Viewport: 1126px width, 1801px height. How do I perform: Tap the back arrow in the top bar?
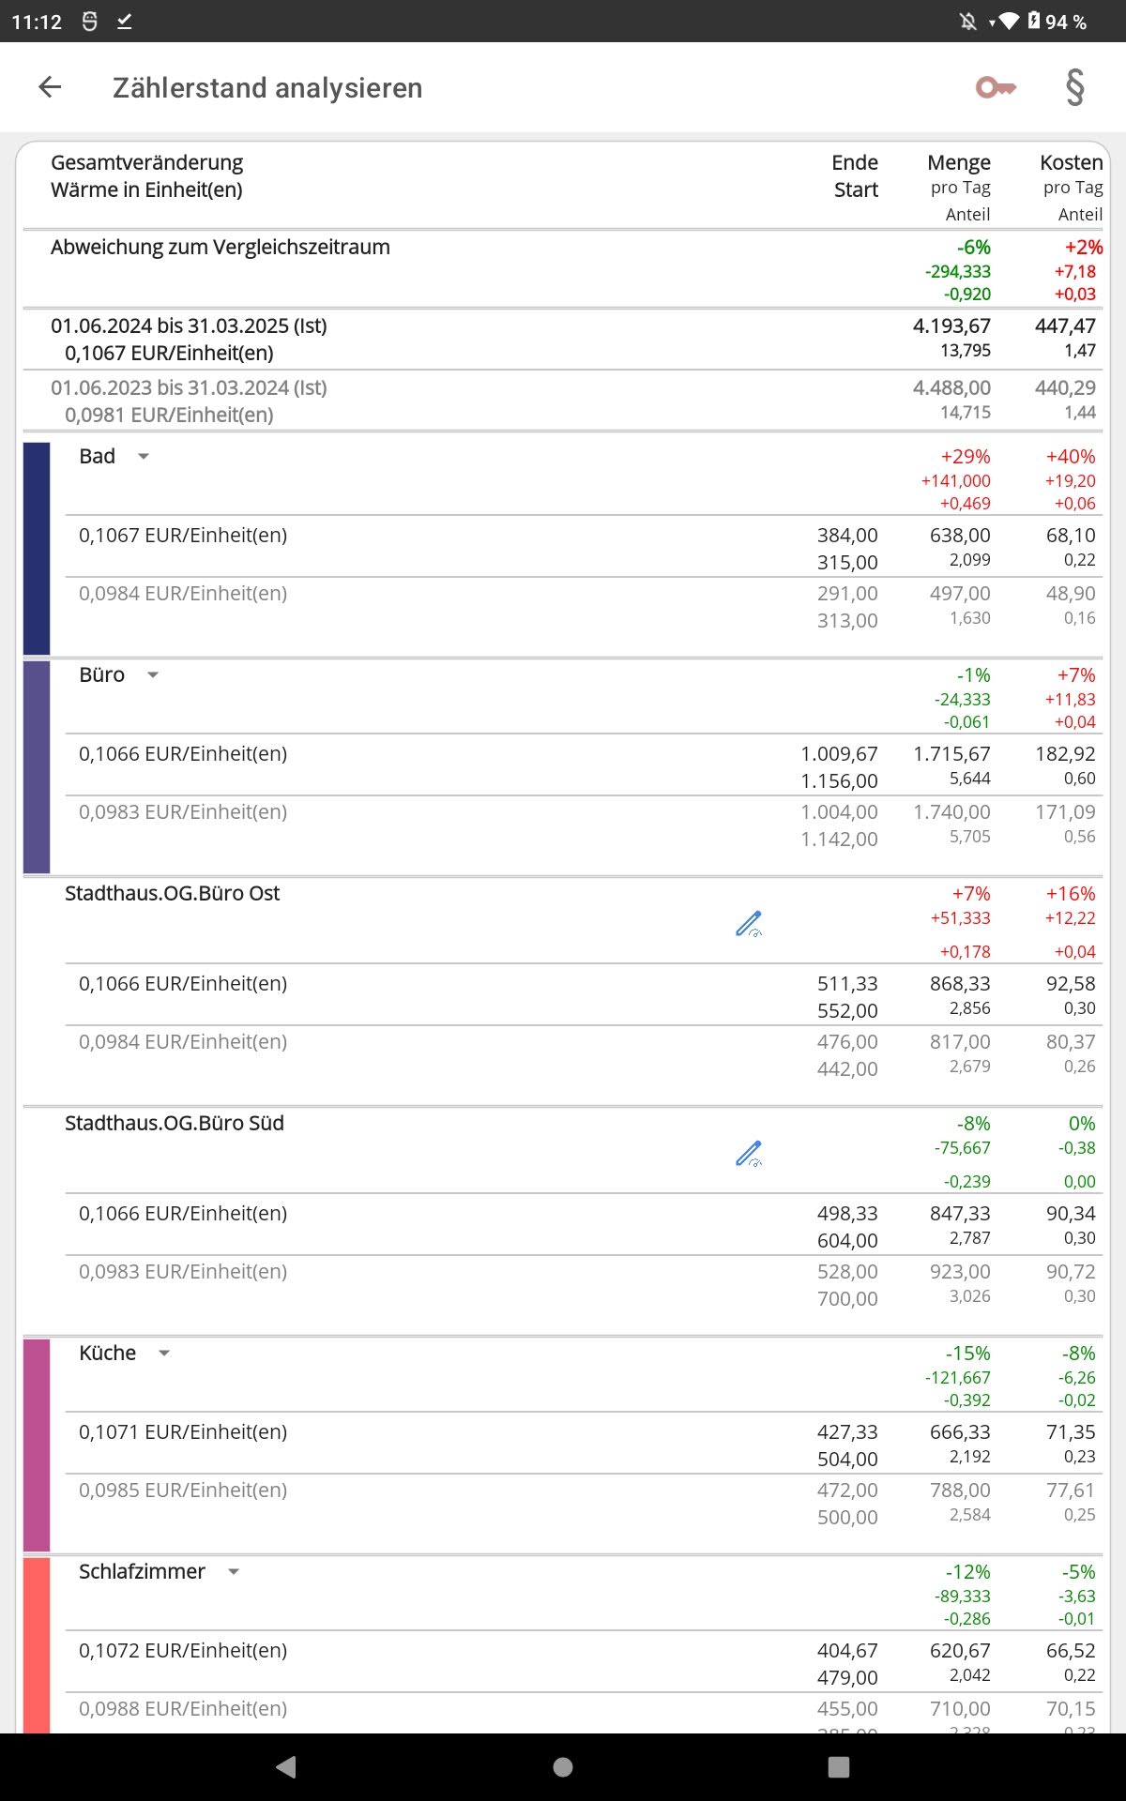tap(50, 87)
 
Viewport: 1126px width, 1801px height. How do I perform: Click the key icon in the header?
tap(996, 88)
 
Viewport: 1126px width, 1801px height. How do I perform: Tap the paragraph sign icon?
tap(1075, 88)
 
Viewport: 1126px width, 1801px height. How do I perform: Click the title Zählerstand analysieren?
tap(267, 88)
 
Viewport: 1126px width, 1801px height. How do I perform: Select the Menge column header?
tap(958, 163)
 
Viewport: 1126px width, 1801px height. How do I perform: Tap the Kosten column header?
tap(1071, 163)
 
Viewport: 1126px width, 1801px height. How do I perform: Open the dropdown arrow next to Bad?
tap(144, 457)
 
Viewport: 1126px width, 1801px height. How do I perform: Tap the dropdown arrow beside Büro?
tap(153, 675)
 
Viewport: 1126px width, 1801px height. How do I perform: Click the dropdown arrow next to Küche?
tap(164, 1354)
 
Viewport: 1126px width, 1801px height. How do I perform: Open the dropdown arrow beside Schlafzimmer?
tap(234, 1572)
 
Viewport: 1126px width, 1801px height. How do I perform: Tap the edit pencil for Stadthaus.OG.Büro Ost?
tap(749, 924)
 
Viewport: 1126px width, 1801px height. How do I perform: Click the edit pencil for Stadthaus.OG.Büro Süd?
tap(749, 1154)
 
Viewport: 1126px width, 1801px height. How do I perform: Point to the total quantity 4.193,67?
tap(951, 326)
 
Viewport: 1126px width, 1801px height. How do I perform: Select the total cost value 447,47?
tap(1065, 326)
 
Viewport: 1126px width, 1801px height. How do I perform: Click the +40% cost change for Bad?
tap(1071, 457)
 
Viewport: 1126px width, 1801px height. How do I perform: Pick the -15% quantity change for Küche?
tap(967, 1354)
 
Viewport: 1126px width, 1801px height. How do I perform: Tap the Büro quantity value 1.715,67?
tap(951, 754)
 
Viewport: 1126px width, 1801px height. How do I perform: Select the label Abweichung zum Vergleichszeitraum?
tap(221, 248)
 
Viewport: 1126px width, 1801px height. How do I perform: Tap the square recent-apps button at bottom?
tap(839, 1767)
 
